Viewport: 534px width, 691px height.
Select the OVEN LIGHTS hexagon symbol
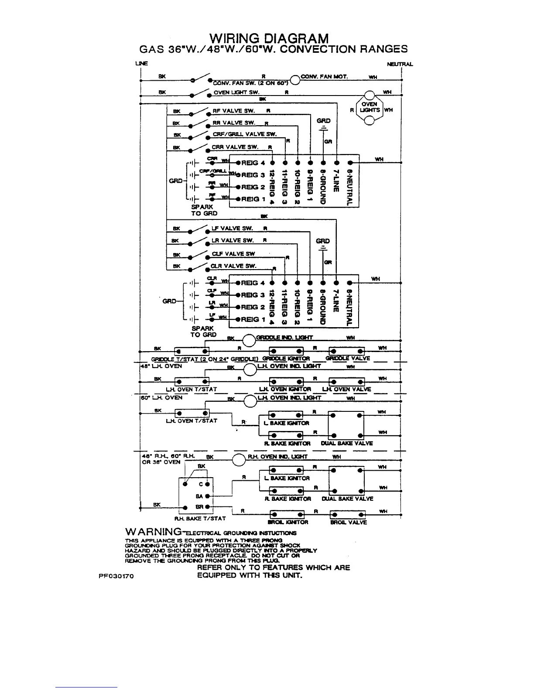[x=369, y=107]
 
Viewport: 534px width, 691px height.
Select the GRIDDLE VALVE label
[x=348, y=359]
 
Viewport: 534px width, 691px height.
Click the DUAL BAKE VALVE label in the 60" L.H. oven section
[x=347, y=443]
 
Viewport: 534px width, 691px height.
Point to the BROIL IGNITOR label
[x=288, y=522]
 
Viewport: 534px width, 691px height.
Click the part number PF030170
[x=116, y=576]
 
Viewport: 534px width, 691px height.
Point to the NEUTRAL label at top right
[x=400, y=64]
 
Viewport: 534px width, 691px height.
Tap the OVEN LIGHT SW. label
[x=236, y=92]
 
